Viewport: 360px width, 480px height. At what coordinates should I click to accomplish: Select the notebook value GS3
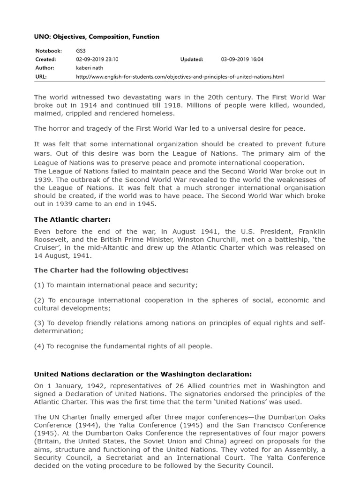pyautogui.click(x=81, y=51)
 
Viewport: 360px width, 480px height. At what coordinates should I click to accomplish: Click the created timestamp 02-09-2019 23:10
pyautogui.click(x=97, y=60)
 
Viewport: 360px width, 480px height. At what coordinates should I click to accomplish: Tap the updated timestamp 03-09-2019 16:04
pyautogui.click(x=242, y=60)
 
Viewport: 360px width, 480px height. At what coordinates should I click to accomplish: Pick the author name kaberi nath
pyautogui.click(x=89, y=68)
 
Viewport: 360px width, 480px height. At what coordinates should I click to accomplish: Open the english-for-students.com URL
pyautogui.click(x=180, y=77)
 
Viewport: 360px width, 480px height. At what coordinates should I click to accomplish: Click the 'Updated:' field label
pyautogui.click(x=192, y=60)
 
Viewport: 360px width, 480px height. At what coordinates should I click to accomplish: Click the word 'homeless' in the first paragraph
pyautogui.click(x=158, y=113)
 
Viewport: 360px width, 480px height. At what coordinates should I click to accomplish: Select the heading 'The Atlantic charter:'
pyautogui.click(x=72, y=219)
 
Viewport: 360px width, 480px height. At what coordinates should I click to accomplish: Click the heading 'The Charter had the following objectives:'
pyautogui.click(x=111, y=270)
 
